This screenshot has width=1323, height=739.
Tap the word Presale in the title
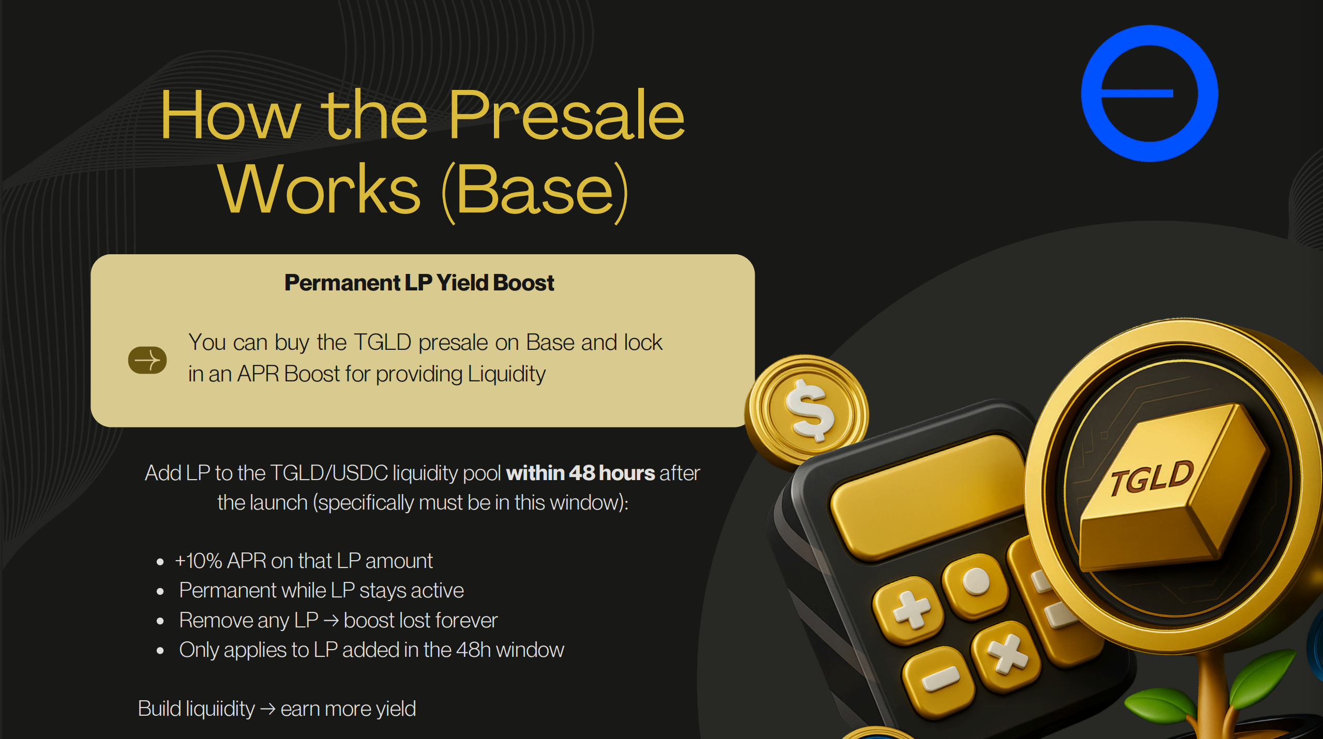tap(566, 114)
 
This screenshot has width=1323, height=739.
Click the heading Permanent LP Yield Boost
tap(419, 283)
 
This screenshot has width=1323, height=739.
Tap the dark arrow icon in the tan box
tap(147, 360)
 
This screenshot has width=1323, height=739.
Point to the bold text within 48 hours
tap(580, 473)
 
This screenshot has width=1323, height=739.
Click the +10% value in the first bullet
tap(199, 561)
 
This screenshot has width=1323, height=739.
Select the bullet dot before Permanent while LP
tap(160, 591)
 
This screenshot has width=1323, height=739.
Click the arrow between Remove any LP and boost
tap(331, 621)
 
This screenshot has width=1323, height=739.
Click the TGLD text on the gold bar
tap(1151, 478)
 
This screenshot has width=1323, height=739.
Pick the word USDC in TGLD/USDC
tap(360, 473)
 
